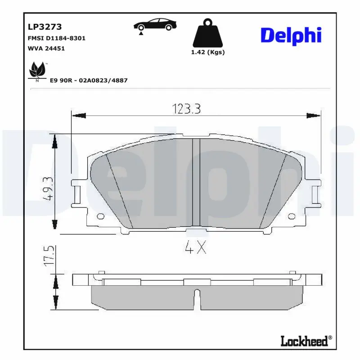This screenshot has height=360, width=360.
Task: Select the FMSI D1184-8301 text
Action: pos(57,38)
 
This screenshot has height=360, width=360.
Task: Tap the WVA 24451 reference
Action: pos(46,48)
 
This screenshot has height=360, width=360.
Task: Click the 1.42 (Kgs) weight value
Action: pos(208,52)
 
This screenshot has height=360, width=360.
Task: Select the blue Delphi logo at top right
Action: pos(291,35)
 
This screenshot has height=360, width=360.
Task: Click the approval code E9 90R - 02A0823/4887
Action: pos(89,80)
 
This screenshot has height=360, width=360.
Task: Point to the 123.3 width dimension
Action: pos(186,108)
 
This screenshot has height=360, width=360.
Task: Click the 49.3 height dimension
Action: pos(49,188)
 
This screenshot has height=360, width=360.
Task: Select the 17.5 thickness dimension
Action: pos(49,255)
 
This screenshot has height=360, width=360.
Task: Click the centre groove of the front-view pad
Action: pos(196,182)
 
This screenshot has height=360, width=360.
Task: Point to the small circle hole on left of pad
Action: pos(100,215)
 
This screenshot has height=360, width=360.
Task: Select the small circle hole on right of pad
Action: pos(291,215)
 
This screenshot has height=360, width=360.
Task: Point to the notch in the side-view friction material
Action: pos(196,297)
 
